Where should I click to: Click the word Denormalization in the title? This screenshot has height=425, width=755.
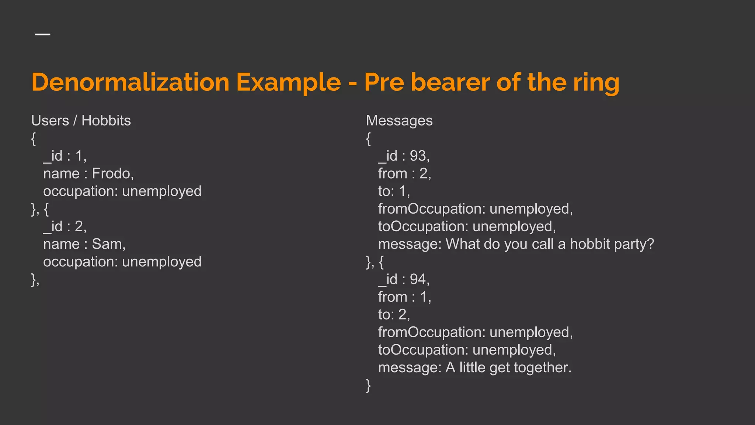130,82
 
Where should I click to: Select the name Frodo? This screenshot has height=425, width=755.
112,173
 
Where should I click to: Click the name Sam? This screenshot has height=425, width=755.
108,244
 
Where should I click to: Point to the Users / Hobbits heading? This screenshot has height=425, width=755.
81,121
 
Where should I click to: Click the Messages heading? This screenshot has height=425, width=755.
399,121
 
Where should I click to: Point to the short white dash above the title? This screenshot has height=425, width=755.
43,34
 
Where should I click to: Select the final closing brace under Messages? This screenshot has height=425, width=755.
368,386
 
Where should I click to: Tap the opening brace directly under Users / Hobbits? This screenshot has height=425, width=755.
34,139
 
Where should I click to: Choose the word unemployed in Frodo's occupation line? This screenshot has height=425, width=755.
162,191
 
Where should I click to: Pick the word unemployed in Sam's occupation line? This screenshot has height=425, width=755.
162,262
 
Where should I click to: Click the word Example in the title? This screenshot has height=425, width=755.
288,82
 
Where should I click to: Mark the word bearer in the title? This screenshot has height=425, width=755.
450,82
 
